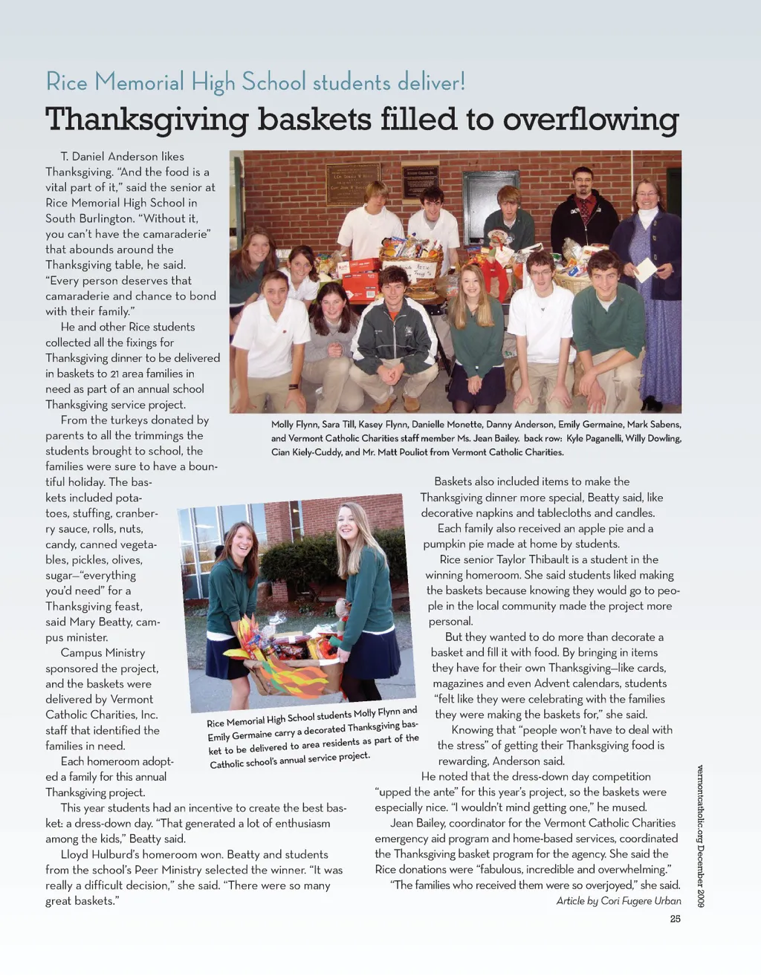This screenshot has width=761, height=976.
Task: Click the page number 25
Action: [675, 919]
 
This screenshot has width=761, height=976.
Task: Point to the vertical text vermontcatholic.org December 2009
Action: [700, 836]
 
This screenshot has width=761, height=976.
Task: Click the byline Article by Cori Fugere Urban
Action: [618, 901]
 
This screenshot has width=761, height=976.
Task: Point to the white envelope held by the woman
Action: [645, 269]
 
